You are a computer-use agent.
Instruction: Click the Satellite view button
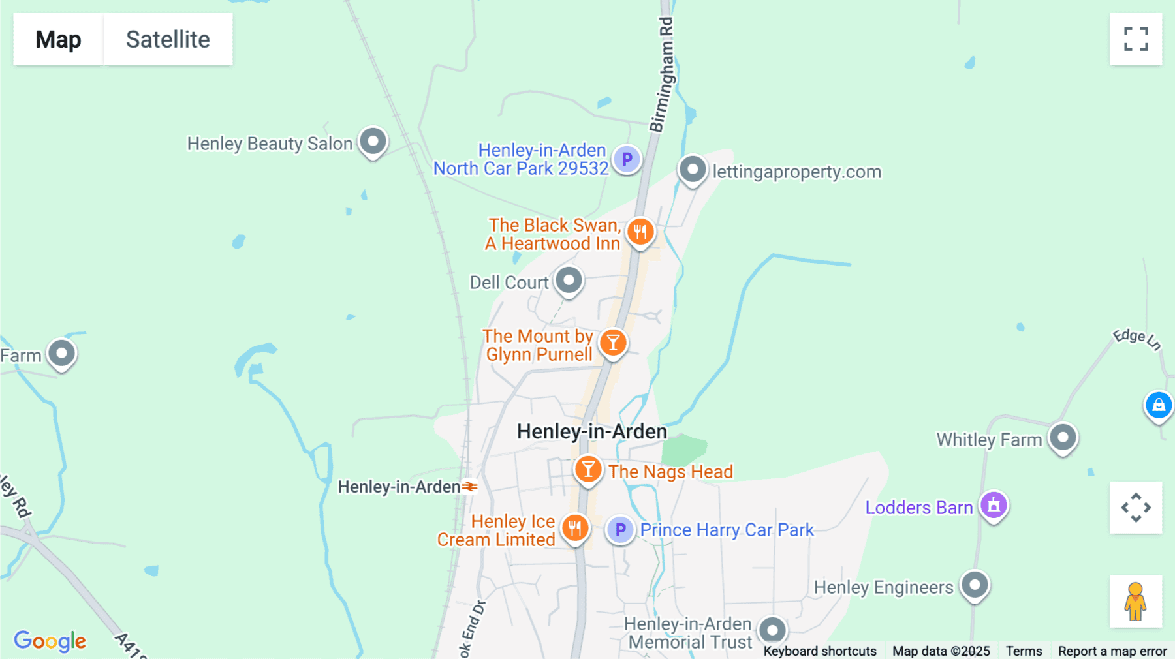pyautogui.click(x=168, y=39)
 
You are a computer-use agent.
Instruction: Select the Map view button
pyautogui.click(x=58, y=39)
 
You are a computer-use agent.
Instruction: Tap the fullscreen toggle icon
pyautogui.click(x=1136, y=39)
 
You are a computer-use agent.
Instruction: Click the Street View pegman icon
pyautogui.click(x=1136, y=602)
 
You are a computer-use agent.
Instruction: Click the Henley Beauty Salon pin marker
pyautogui.click(x=373, y=141)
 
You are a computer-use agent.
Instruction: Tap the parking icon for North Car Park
pyautogui.click(x=627, y=159)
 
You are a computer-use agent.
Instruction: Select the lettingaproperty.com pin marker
pyautogui.click(x=693, y=170)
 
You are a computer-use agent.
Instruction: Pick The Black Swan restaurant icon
pyautogui.click(x=640, y=231)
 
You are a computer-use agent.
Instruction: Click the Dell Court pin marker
pyautogui.click(x=569, y=281)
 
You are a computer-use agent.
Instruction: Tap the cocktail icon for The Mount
pyautogui.click(x=613, y=342)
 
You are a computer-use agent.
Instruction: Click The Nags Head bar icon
pyautogui.click(x=588, y=469)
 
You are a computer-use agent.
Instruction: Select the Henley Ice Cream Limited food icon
pyautogui.click(x=575, y=528)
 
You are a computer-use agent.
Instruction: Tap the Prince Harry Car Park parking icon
pyautogui.click(x=620, y=530)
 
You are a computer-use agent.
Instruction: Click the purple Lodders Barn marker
pyautogui.click(x=994, y=505)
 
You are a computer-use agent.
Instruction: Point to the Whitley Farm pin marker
pyautogui.click(x=1063, y=437)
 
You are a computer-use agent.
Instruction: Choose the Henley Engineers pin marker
pyautogui.click(x=975, y=585)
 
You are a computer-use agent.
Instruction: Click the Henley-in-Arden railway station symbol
pyautogui.click(x=470, y=487)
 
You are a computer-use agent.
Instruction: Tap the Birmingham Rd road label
pyautogui.click(x=663, y=75)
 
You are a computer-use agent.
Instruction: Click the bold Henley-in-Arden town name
pyautogui.click(x=591, y=431)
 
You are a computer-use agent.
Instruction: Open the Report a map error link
pyautogui.click(x=1112, y=651)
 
